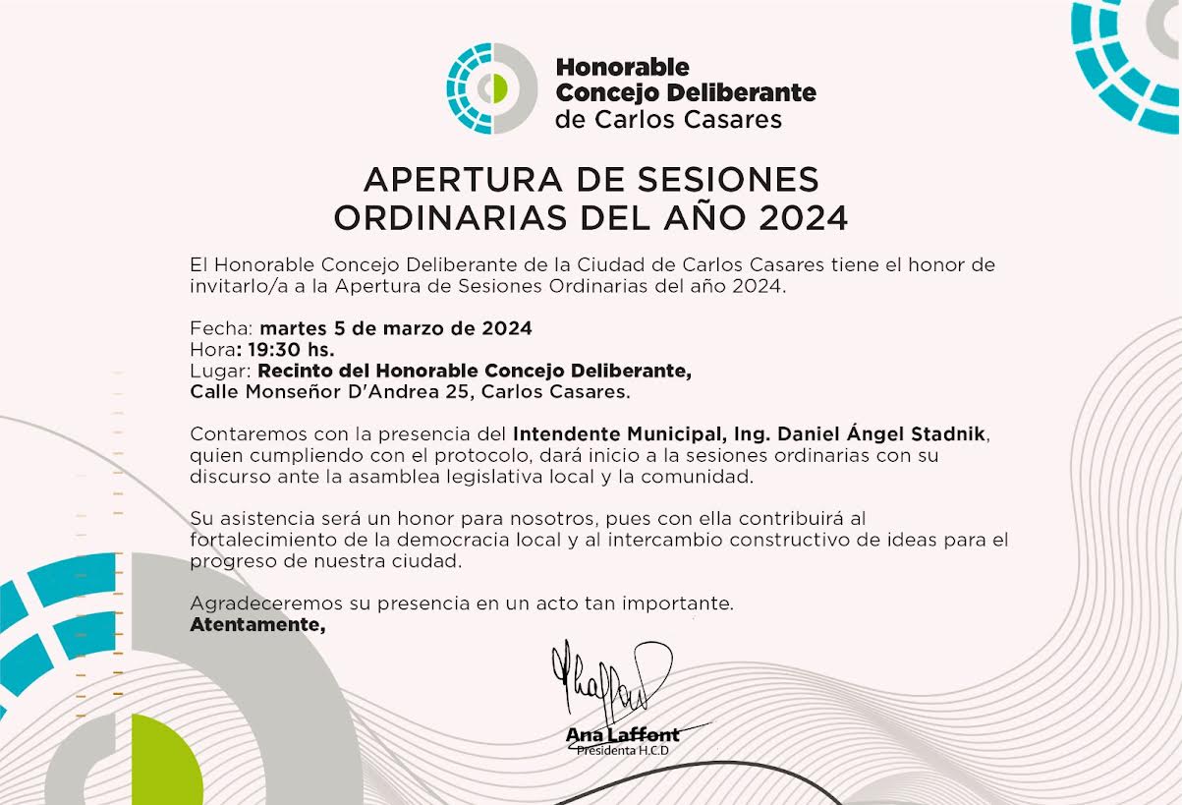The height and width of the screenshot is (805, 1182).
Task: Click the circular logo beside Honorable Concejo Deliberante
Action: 492,88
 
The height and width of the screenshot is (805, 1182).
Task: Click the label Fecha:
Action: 221,328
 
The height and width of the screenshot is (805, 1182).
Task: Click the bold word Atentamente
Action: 256,624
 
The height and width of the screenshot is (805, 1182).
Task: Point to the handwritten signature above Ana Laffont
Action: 610,678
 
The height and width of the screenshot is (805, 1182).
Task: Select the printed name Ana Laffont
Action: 623,734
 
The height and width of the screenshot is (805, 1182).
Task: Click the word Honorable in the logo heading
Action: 623,68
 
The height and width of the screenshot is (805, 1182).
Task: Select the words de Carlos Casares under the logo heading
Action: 669,120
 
